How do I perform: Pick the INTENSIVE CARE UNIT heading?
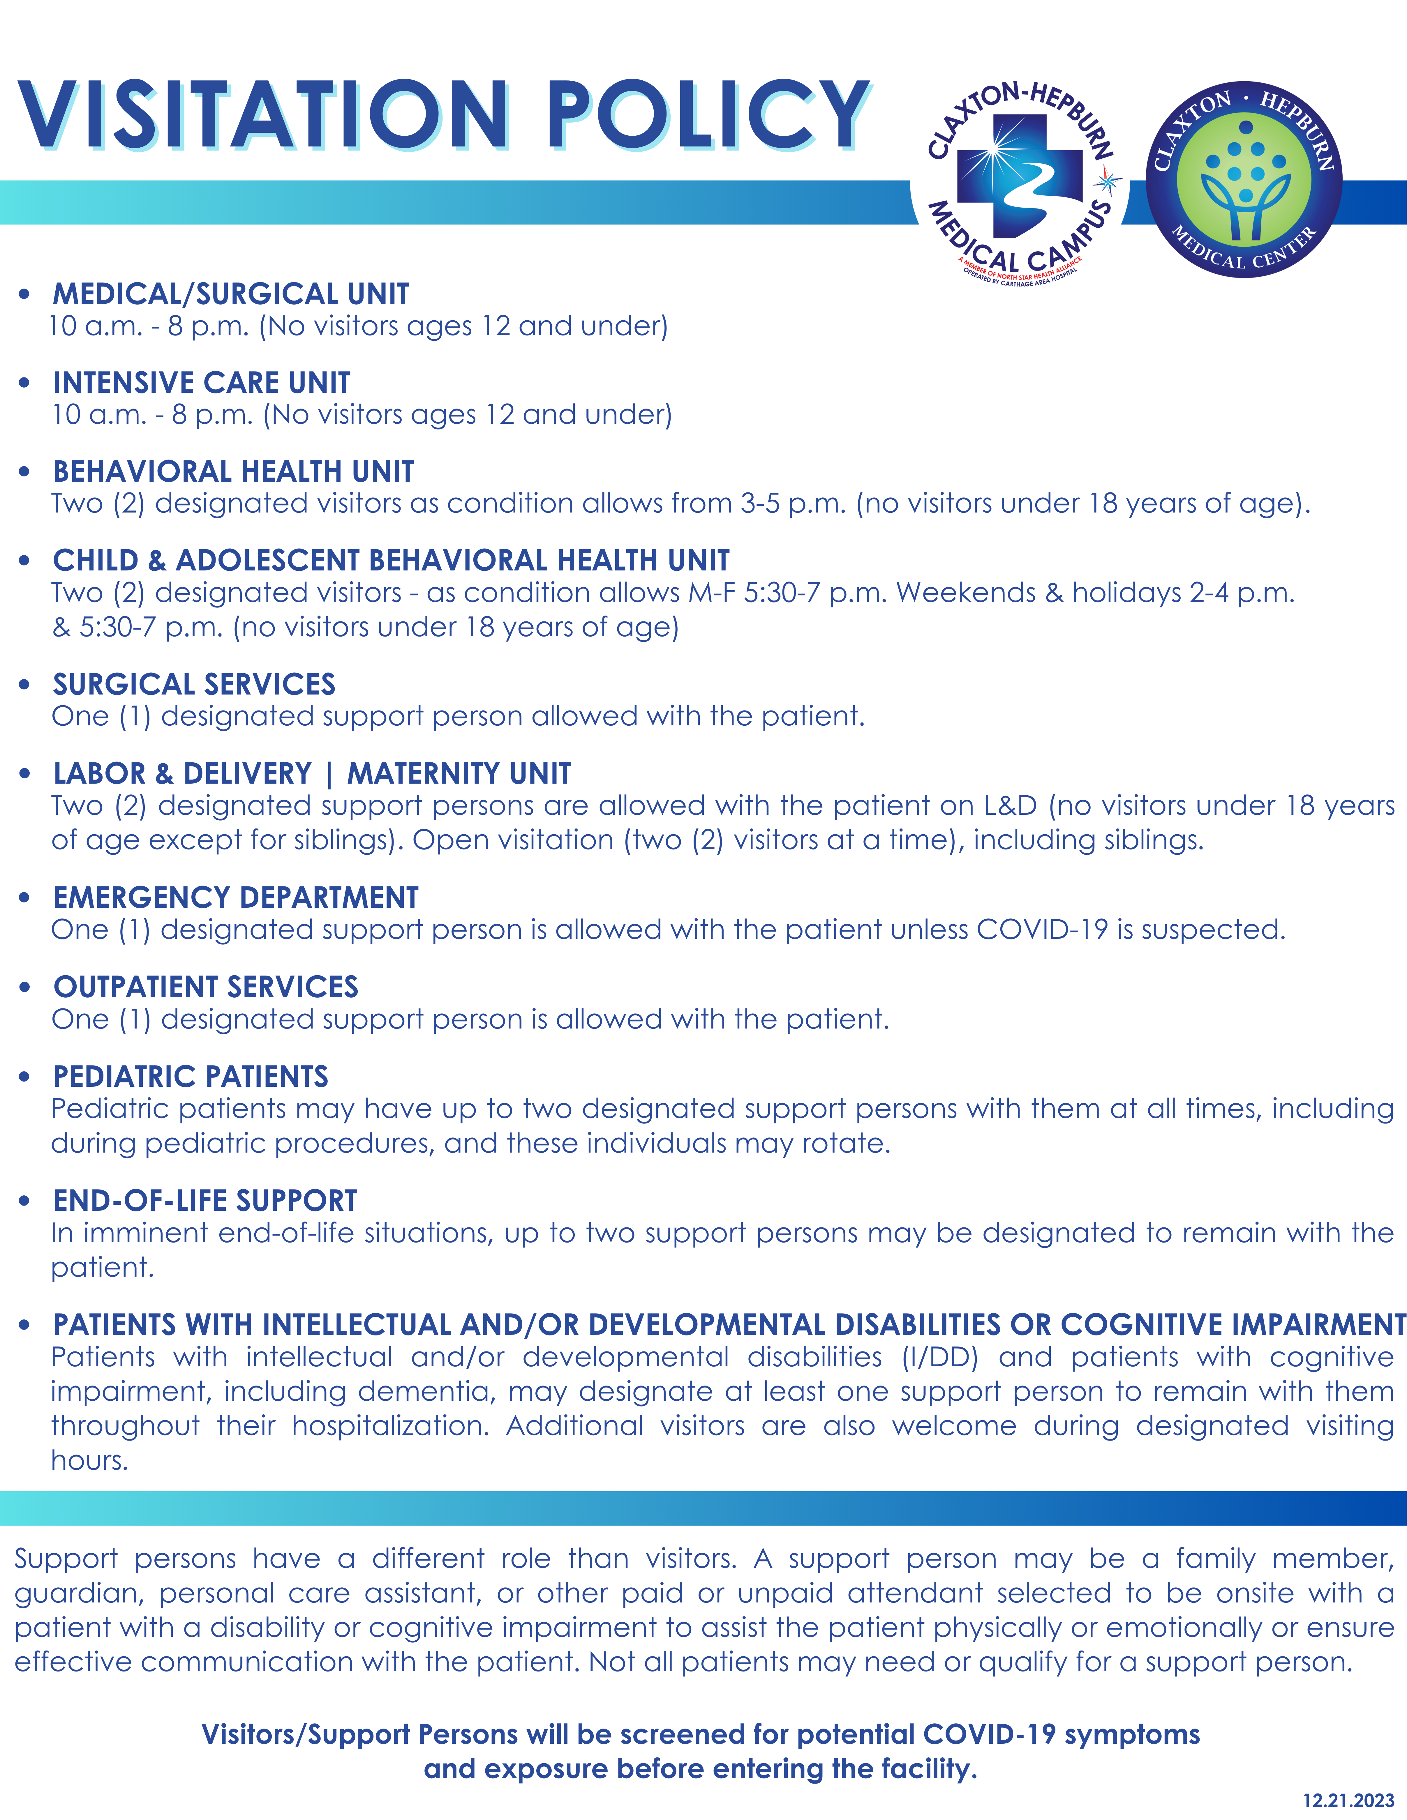[202, 383]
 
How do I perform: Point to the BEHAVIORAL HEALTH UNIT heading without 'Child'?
[233, 472]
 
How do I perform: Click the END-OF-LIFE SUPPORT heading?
[205, 1201]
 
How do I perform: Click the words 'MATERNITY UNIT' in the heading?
[459, 773]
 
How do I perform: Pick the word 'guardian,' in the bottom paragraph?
[79, 1593]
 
